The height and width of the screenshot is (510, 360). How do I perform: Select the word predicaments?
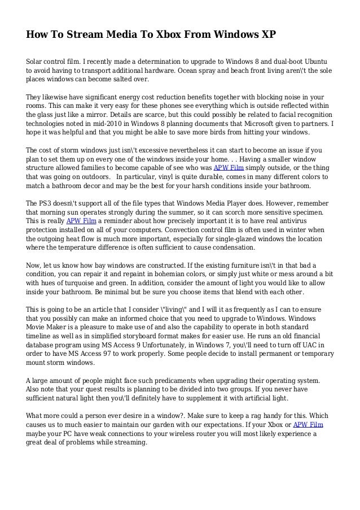coord(149,381)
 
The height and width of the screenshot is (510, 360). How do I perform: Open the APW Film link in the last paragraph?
coord(307,425)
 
